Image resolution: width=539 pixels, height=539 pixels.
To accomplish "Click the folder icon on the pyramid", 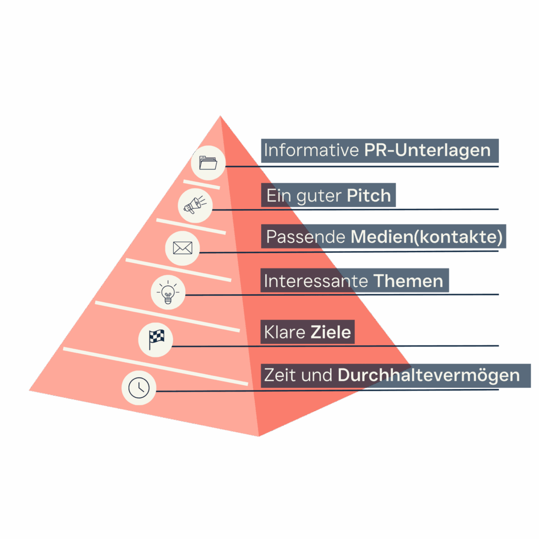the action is click(208, 163).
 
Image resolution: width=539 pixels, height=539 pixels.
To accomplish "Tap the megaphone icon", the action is click(195, 205).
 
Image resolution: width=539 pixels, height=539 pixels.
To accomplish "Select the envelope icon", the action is click(183, 248).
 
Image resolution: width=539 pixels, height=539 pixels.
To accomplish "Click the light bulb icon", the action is click(168, 292).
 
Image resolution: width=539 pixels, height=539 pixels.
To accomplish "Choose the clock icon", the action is click(139, 388).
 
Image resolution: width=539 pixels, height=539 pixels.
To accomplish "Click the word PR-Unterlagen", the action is click(427, 151).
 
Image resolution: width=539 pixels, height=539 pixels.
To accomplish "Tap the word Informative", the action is click(312, 151).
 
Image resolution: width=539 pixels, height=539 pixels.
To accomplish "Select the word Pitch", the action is click(369, 196).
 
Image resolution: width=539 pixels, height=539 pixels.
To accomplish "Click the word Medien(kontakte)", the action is click(426, 237).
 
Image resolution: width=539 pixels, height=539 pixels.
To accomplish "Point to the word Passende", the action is click(306, 237).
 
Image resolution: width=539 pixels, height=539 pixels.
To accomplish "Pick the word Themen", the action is click(408, 281).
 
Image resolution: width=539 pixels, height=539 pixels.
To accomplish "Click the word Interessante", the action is click(316, 281).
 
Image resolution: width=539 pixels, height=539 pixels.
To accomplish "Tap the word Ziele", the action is click(331, 332).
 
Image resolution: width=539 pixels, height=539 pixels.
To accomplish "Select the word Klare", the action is click(285, 332).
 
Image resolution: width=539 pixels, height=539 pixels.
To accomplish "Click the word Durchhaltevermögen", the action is click(428, 375).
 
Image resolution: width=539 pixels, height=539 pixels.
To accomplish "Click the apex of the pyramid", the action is click(221, 116).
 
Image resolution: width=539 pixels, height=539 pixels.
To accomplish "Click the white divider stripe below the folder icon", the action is click(202, 184).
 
